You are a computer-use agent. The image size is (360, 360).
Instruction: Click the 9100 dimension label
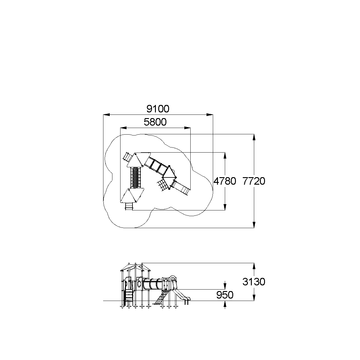[x=158, y=109]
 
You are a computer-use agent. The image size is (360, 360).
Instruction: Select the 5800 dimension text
[x=155, y=122]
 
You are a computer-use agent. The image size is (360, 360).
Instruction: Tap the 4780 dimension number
[x=225, y=181]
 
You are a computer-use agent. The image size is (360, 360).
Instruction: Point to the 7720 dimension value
[x=254, y=181]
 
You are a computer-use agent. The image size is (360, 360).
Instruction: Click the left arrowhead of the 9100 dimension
[x=106, y=115]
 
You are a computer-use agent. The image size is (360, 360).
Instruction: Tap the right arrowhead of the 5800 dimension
[x=187, y=128]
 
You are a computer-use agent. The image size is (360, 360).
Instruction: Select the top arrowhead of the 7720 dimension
[x=254, y=137]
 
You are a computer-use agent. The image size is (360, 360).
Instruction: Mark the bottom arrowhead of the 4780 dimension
[x=225, y=207]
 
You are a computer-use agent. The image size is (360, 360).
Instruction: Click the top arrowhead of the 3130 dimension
[x=254, y=266]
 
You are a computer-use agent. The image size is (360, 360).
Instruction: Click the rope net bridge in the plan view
[x=136, y=178]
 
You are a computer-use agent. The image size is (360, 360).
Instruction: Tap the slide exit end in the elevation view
[x=187, y=299]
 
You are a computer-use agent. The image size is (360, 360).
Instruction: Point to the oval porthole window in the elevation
[x=139, y=284]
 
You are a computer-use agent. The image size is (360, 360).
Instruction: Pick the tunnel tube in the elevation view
[x=153, y=284]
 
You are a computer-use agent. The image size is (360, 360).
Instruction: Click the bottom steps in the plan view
[x=129, y=206]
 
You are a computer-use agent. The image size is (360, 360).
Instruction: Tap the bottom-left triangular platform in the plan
[x=132, y=195]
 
